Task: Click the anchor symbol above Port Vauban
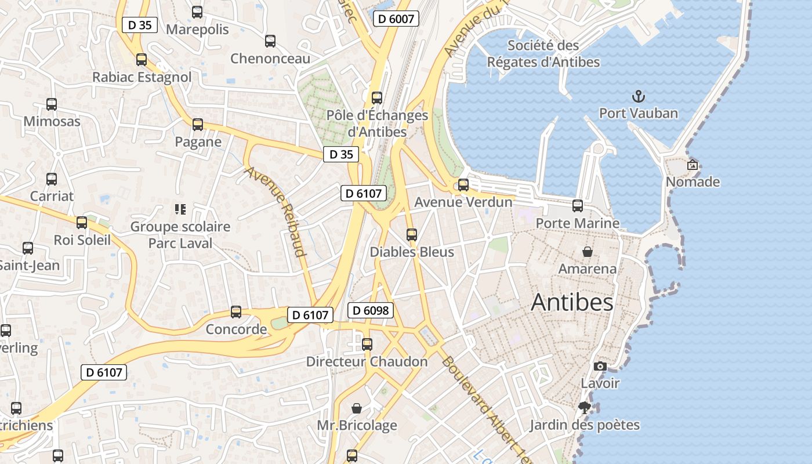pyautogui.click(x=638, y=96)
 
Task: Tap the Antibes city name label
pyautogui.click(x=572, y=302)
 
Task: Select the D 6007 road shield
pyautogui.click(x=396, y=19)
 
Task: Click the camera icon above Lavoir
pyautogui.click(x=600, y=366)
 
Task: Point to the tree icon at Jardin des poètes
pyautogui.click(x=585, y=408)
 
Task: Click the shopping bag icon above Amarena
pyautogui.click(x=588, y=252)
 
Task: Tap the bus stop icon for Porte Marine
pyautogui.click(x=578, y=205)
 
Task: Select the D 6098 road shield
pyautogui.click(x=371, y=310)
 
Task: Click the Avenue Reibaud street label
pyautogui.click(x=275, y=212)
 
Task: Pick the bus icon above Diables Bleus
pyautogui.click(x=412, y=235)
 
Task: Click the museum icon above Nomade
pyautogui.click(x=693, y=165)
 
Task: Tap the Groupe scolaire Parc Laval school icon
pyautogui.click(x=180, y=209)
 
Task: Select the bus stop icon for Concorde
pyautogui.click(x=236, y=312)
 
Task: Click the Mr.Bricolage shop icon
pyautogui.click(x=357, y=408)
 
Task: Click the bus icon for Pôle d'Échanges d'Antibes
pyautogui.click(x=377, y=97)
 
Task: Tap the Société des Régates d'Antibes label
pyautogui.click(x=543, y=53)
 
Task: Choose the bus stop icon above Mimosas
pyautogui.click(x=52, y=104)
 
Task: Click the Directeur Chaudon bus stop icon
pyautogui.click(x=367, y=345)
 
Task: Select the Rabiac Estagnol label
pyautogui.click(x=142, y=77)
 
